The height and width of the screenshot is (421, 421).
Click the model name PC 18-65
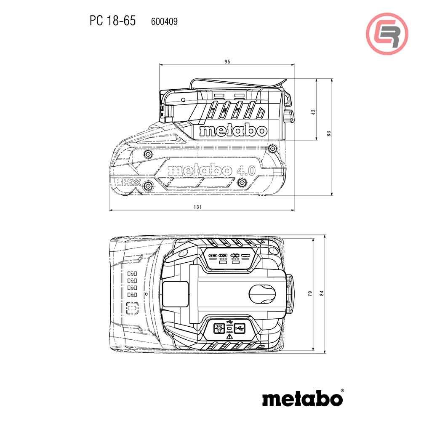coord(112,21)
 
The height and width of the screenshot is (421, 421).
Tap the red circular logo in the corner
coord(387,33)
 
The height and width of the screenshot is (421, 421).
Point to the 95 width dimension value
coord(227,61)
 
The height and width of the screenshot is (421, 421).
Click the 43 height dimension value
coord(313,112)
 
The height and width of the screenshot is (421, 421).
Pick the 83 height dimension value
coord(329,133)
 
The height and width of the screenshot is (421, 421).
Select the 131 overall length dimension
coord(198,207)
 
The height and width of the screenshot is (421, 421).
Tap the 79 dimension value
coord(310,294)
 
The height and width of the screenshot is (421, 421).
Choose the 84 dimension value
coord(322,294)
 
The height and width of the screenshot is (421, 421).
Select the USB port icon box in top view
coord(240,327)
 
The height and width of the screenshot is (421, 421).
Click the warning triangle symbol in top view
coord(229,337)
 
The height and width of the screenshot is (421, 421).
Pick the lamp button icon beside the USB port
coord(219,327)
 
